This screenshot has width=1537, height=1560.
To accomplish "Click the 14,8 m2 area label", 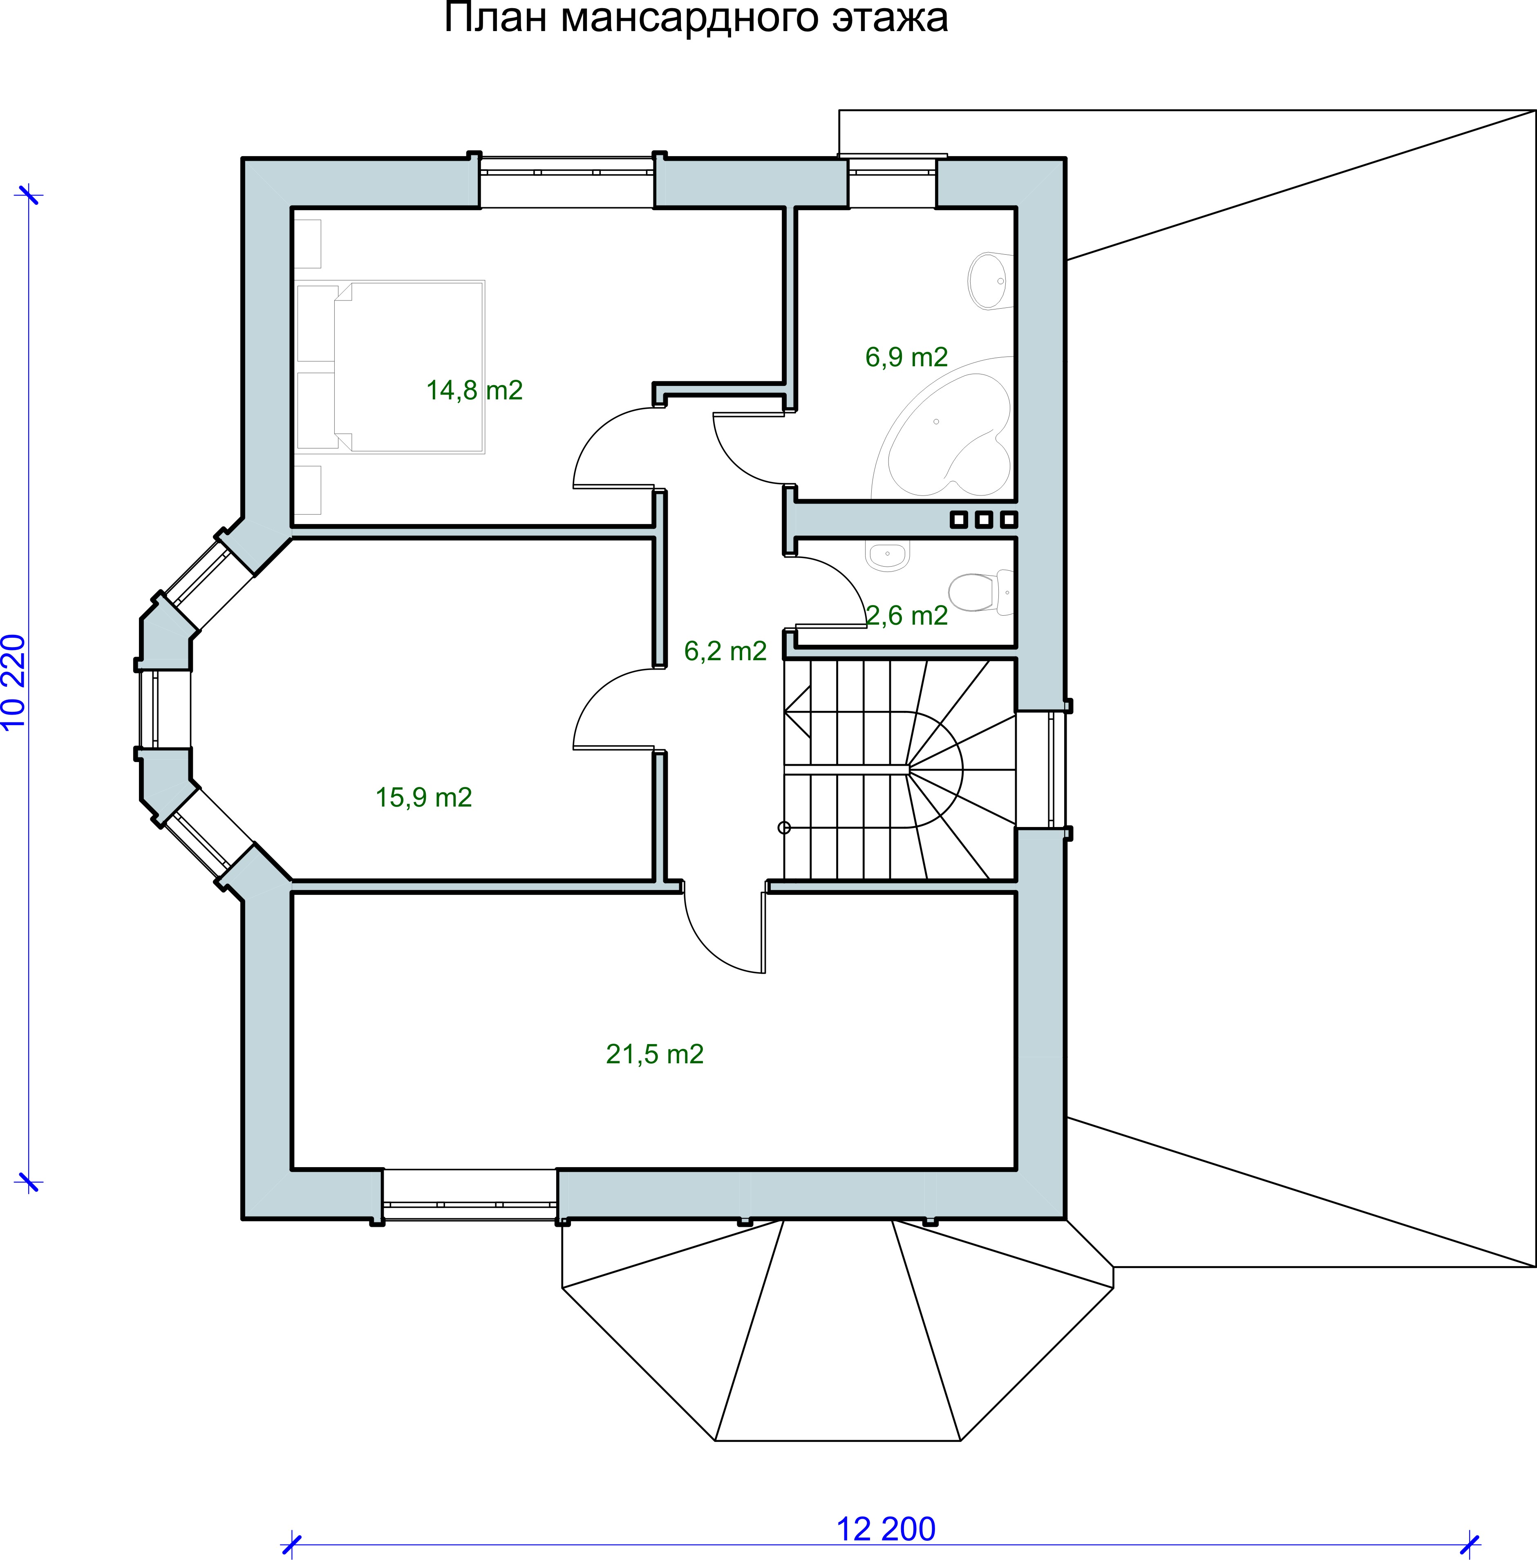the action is pyautogui.click(x=474, y=391).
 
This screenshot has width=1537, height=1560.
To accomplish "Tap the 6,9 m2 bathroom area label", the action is pyautogui.click(x=906, y=357).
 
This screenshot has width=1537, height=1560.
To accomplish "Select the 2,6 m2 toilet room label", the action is pyautogui.click(x=906, y=616).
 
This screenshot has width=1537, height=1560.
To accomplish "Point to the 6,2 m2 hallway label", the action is pyautogui.click(x=725, y=651).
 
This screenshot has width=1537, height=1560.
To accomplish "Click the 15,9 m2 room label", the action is pyautogui.click(x=424, y=798).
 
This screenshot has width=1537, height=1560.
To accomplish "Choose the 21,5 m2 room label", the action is pyautogui.click(x=655, y=1055).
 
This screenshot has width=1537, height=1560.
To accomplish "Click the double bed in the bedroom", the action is pyautogui.click(x=391, y=368).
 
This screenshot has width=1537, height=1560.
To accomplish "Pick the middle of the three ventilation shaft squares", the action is pyautogui.click(x=983, y=519).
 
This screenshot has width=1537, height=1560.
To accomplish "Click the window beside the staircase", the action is pyautogui.click(x=1042, y=769).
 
